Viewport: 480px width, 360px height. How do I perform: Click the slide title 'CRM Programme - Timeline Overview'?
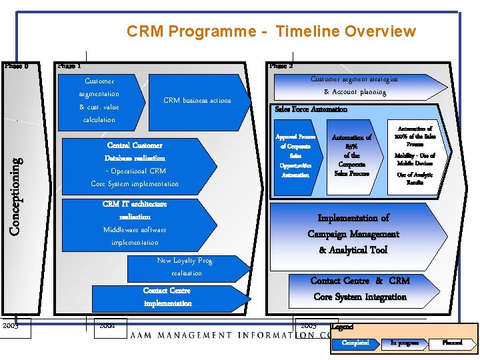[271, 31]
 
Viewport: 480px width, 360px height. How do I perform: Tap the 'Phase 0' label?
[16, 66]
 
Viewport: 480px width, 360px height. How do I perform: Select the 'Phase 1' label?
[69, 66]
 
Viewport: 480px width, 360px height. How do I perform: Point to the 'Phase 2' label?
[281, 66]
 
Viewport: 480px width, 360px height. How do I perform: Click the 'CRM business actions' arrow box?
[198, 101]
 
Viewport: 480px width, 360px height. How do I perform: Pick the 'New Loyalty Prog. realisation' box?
[185, 267]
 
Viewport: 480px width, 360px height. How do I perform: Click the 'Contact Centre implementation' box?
[167, 297]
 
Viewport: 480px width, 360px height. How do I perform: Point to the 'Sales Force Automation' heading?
[311, 109]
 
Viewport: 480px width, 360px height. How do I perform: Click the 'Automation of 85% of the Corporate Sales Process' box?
[352, 155]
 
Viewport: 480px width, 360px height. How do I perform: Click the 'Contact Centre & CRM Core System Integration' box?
[360, 289]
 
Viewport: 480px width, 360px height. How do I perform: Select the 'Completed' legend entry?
[355, 343]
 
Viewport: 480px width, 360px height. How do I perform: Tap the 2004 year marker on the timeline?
[107, 326]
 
